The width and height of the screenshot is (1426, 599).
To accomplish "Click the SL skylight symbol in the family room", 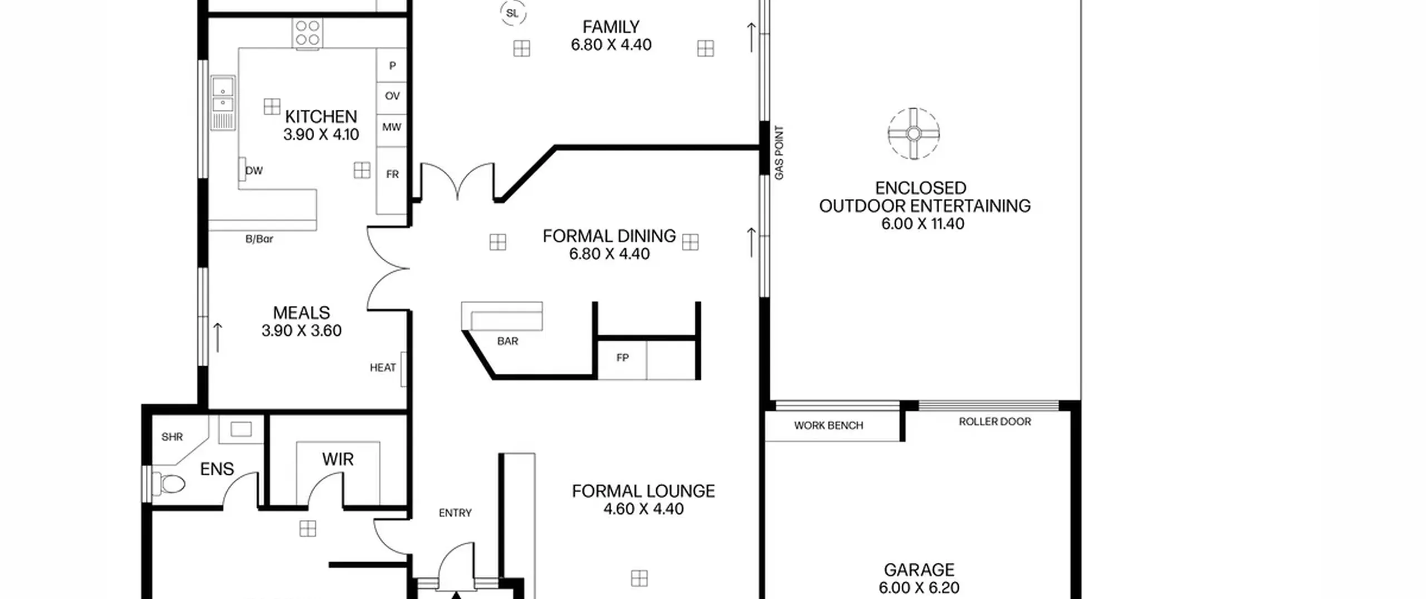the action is click(x=512, y=13).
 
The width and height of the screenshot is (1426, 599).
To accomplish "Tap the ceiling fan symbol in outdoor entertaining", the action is click(x=914, y=134).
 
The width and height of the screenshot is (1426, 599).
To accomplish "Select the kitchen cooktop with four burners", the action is click(x=307, y=33).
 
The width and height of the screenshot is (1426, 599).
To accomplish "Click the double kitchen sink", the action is click(x=223, y=103).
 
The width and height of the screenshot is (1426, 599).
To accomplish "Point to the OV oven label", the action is click(x=392, y=96).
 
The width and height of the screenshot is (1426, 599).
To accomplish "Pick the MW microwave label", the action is click(x=392, y=127).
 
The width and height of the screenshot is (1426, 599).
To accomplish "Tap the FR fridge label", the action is click(x=392, y=174).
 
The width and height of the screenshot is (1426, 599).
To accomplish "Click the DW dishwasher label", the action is click(x=254, y=171).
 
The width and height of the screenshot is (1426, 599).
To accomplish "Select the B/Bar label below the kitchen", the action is click(x=259, y=239).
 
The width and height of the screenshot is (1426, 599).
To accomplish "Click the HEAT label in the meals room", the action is click(x=383, y=368).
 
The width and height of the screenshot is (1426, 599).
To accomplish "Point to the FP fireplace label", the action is click(x=622, y=358).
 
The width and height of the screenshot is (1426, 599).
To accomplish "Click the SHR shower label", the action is click(x=172, y=437).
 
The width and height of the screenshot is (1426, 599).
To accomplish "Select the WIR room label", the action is click(x=338, y=459).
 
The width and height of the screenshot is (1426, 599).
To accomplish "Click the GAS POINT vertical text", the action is click(x=779, y=153).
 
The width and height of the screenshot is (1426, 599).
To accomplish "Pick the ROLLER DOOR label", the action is click(x=995, y=422).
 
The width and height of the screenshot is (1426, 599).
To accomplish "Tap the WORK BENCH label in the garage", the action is click(x=828, y=426).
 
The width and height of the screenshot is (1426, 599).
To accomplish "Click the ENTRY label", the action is click(x=455, y=513).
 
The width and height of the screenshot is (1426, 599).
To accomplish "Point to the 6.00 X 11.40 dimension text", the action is click(x=923, y=224).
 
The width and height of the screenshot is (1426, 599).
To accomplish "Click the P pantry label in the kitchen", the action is click(x=392, y=66).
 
